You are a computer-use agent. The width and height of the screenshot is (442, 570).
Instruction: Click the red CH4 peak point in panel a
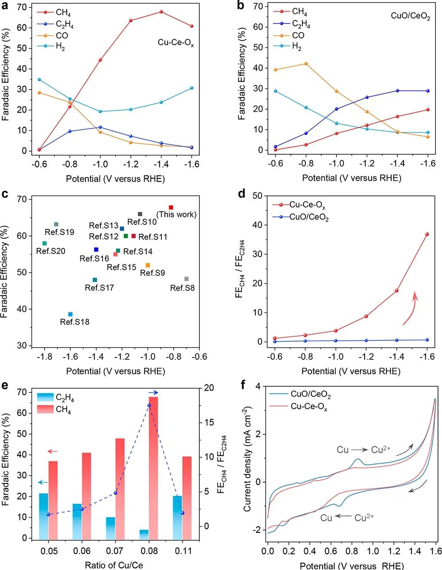point(161,11)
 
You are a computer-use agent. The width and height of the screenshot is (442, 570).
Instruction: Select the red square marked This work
point(171,207)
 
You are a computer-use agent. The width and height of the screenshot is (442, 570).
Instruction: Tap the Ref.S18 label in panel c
point(75,322)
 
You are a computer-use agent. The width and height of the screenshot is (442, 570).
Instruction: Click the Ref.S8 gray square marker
point(187,279)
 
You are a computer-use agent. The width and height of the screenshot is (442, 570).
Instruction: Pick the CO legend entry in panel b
point(298,35)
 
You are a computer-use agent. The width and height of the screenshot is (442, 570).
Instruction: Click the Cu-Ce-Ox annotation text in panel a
point(176,43)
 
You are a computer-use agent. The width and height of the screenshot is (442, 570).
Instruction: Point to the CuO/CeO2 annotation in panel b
point(410,16)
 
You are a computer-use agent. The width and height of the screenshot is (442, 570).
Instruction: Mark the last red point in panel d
point(427,234)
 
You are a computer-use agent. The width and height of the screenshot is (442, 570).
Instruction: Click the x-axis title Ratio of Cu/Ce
point(114,565)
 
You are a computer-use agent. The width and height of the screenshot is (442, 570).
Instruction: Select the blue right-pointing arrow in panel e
point(153,392)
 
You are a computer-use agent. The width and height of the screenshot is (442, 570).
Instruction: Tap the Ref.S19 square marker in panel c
point(56,224)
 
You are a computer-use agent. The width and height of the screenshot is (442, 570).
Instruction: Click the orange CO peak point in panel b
point(305,64)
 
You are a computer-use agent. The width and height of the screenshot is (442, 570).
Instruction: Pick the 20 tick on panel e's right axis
point(208,388)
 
